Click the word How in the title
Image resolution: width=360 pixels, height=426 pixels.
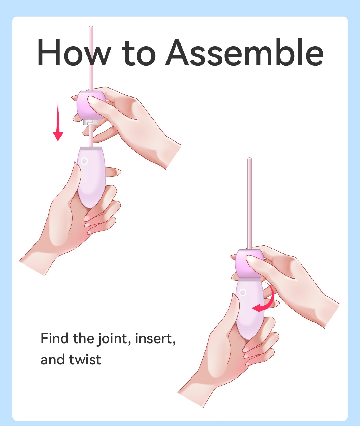pyautogui.click(x=73, y=52)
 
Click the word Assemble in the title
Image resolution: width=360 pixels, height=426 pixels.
pyautogui.click(x=244, y=52)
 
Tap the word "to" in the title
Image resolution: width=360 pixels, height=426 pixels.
pyautogui.click(x=138, y=54)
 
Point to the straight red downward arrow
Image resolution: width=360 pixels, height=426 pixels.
pyautogui.click(x=58, y=121)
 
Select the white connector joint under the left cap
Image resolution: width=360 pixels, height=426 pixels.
pyautogui.click(x=91, y=122)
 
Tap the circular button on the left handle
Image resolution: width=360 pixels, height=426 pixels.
pyautogui.click(x=84, y=161)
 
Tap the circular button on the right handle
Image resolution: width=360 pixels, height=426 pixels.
pyautogui.click(x=243, y=292)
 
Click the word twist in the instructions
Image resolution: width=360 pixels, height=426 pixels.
pyautogui.click(x=85, y=360)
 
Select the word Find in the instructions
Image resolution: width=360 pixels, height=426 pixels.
pyautogui.click(x=54, y=338)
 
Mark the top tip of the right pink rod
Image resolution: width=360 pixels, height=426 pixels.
pyautogui.click(x=249, y=158)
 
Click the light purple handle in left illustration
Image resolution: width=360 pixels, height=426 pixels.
pyautogui.click(x=91, y=177)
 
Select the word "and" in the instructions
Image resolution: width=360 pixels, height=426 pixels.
pyautogui.click(x=53, y=359)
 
